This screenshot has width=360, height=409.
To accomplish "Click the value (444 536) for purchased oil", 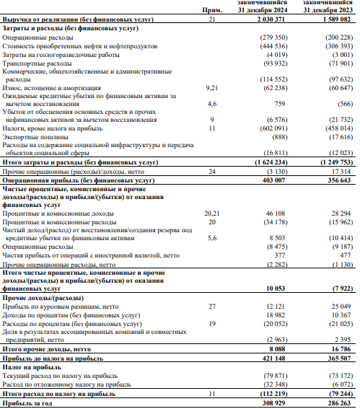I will pos(272,45).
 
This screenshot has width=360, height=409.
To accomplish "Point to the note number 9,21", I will pos(211,87).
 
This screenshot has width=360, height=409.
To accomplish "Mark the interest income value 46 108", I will pos(275,214).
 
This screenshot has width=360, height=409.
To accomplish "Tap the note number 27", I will pos(211,307).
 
